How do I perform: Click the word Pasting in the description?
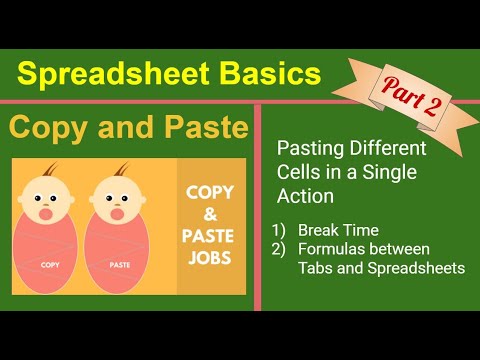coord(305,149)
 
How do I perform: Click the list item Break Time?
coord(330,229)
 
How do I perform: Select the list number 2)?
coord(280,248)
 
